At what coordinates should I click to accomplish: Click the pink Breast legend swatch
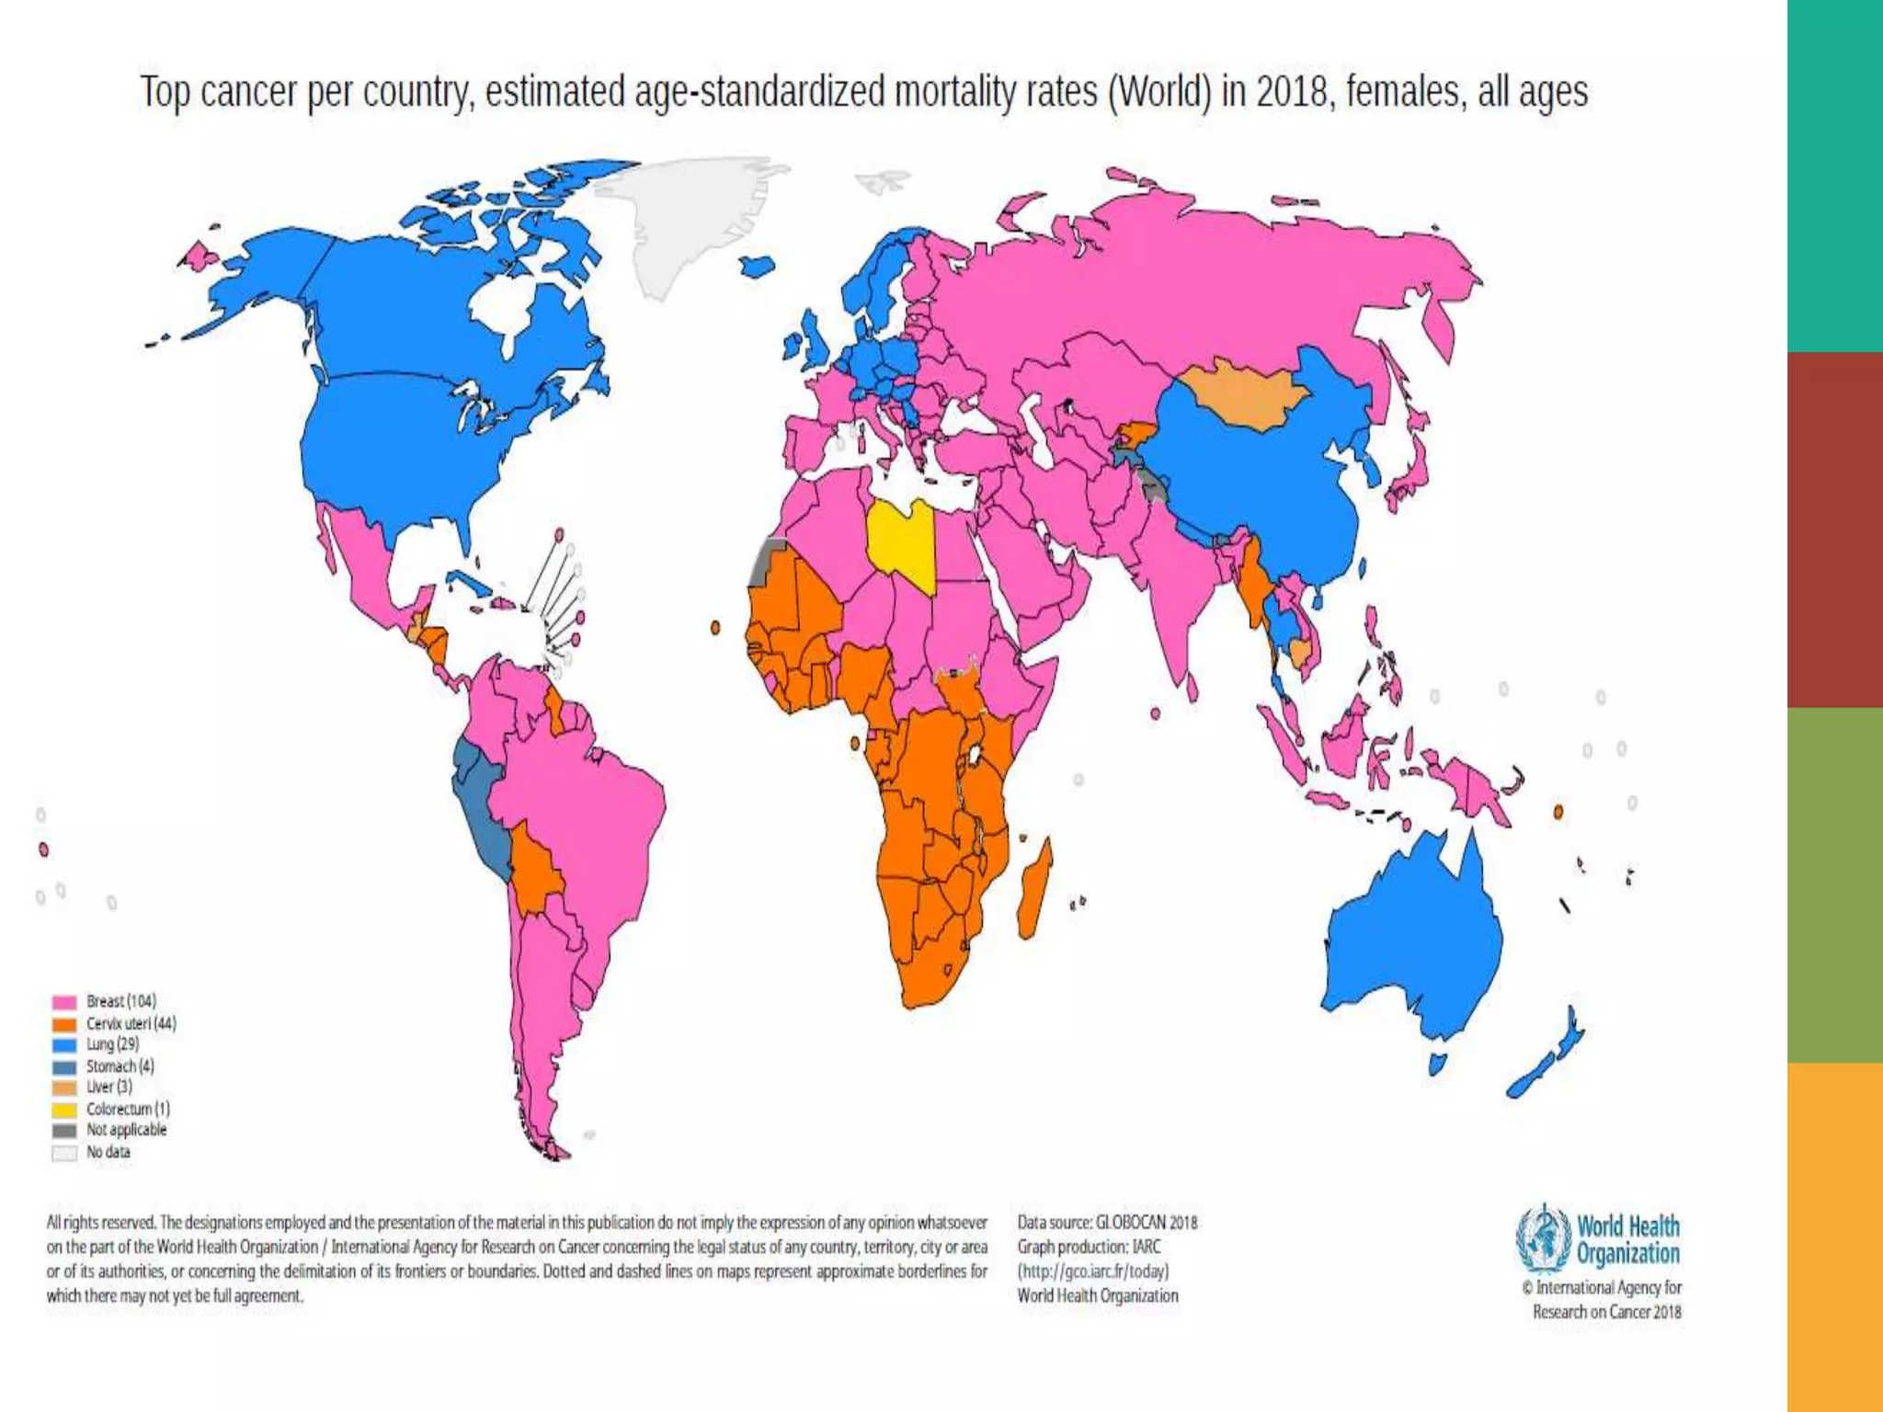[63, 1002]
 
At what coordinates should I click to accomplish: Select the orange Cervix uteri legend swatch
[63, 1024]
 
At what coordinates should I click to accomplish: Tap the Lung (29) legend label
[112, 1045]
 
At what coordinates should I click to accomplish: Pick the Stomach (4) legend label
[120, 1066]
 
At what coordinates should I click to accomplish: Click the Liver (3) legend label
[108, 1087]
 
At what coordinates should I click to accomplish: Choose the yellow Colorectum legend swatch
[63, 1110]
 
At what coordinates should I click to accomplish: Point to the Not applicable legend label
[126, 1131]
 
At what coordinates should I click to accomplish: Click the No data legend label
[108, 1153]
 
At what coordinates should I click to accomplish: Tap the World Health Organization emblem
[1544, 1238]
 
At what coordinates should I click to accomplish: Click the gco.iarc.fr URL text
[1092, 1271]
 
